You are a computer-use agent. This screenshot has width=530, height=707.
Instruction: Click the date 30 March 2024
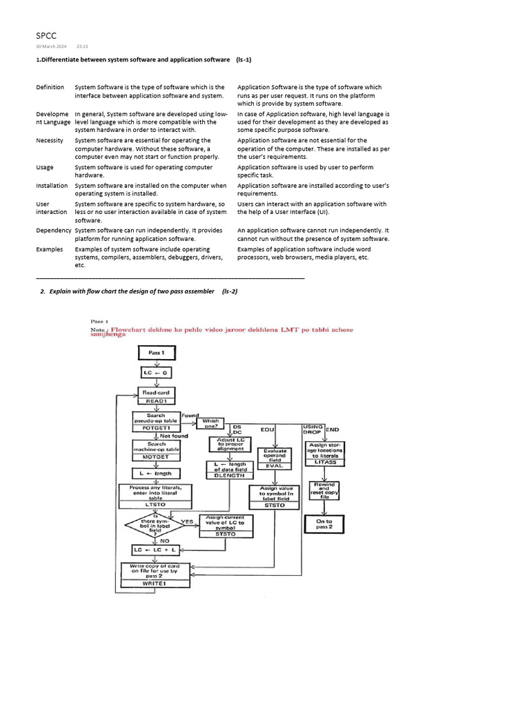click(x=51, y=46)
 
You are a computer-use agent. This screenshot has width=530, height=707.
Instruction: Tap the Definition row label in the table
click(x=50, y=88)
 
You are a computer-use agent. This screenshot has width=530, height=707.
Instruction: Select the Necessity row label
click(x=50, y=140)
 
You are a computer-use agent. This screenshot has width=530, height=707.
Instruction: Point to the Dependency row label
click(x=54, y=230)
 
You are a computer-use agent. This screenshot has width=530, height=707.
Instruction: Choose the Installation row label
click(x=52, y=185)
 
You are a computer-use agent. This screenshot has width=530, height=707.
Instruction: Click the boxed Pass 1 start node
click(x=158, y=352)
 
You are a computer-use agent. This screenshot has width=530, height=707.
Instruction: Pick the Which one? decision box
click(x=210, y=423)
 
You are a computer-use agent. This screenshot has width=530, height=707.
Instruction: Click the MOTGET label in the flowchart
click(x=156, y=457)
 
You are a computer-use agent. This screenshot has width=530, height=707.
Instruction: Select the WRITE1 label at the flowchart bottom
click(x=155, y=583)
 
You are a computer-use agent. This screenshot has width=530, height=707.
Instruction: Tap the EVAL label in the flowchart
click(x=274, y=465)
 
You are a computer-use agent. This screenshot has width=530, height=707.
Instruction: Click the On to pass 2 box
click(x=324, y=525)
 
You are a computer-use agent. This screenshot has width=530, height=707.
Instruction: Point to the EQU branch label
click(x=267, y=429)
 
